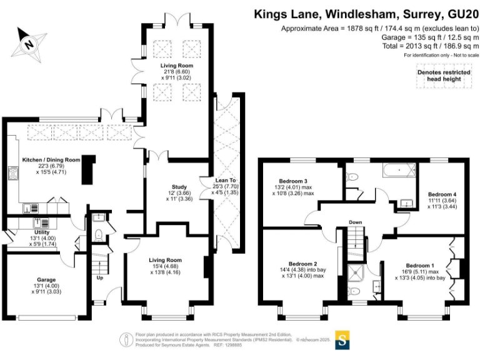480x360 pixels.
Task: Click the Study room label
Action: point(179,187)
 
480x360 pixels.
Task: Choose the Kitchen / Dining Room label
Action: point(52,161)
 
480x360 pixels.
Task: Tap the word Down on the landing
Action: point(355,222)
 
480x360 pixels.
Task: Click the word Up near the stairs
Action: point(99,278)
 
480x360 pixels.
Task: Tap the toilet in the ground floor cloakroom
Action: point(99,236)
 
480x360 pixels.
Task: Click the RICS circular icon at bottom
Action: point(127,339)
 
